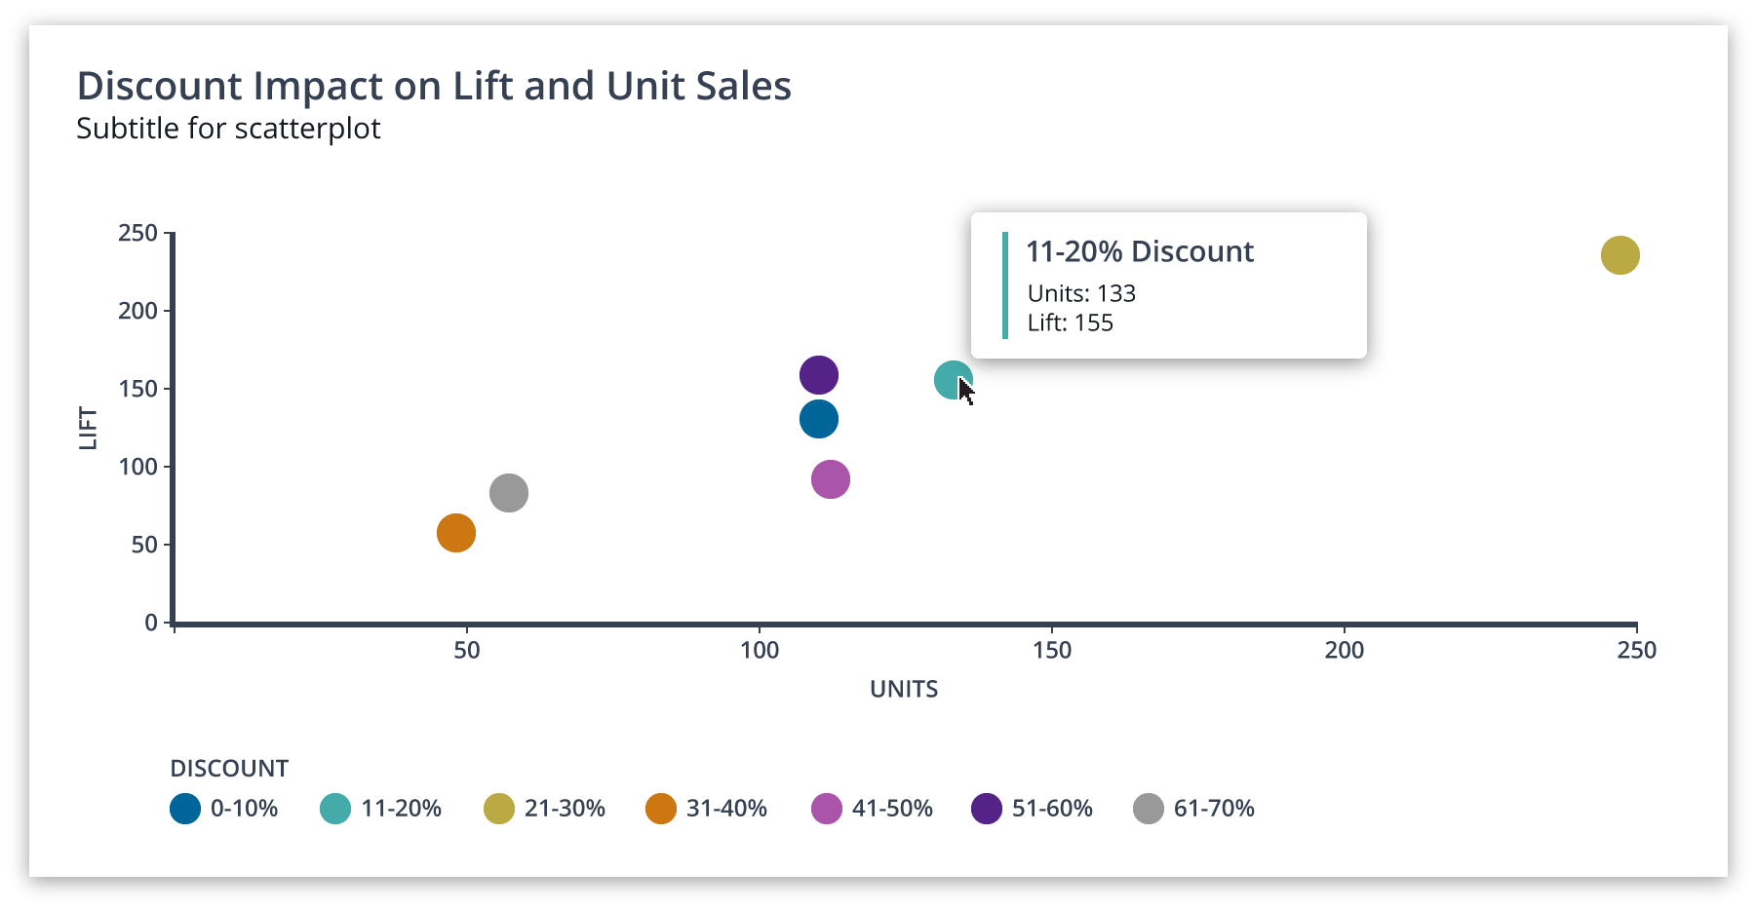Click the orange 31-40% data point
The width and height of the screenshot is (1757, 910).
[x=455, y=533]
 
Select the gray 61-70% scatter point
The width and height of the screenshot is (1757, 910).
[x=508, y=493]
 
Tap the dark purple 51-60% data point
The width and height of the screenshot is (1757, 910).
[x=818, y=375]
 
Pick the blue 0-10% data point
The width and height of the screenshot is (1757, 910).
[x=818, y=420]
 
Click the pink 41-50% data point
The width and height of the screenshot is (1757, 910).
[x=830, y=479]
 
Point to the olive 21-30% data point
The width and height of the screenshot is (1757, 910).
[x=1619, y=255]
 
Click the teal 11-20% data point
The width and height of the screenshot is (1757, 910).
[x=951, y=380]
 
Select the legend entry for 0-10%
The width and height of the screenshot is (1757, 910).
[x=224, y=809]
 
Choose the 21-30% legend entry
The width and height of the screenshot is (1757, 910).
[x=545, y=809]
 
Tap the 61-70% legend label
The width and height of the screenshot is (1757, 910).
[x=1214, y=809]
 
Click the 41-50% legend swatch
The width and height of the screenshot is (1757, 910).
[x=827, y=809]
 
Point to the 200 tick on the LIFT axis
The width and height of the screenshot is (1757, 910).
[x=137, y=311]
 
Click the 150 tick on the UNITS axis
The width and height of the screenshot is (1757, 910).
[x=1051, y=650]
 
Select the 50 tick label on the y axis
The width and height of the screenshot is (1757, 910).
[x=144, y=545]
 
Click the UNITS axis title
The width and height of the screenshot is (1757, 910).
[x=903, y=689]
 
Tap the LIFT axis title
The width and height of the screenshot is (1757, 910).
[x=89, y=428]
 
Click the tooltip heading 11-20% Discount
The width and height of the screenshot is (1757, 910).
[x=1139, y=251]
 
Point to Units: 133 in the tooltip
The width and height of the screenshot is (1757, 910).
[x=1081, y=293]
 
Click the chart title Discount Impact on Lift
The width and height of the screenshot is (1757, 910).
[x=434, y=86]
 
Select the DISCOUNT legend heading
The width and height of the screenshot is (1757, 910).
[x=229, y=769]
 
